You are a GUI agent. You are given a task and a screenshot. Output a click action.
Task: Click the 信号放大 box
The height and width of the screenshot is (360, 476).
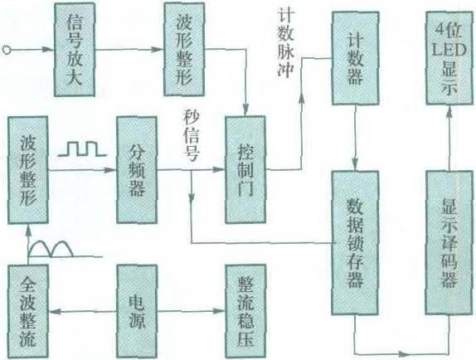click(75, 50)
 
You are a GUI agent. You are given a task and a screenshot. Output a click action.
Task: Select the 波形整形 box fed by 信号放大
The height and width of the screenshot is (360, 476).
click(184, 50)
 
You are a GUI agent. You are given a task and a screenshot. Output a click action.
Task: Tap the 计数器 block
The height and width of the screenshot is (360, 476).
click(356, 58)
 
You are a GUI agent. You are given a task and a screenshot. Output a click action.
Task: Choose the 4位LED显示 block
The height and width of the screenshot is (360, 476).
click(450, 58)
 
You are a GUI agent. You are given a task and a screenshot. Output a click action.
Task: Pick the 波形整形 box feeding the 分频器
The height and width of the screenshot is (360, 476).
click(28, 170)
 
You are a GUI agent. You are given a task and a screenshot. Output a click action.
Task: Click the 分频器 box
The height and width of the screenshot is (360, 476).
click(137, 170)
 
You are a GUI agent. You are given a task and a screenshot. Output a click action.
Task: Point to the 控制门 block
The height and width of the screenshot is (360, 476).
click(245, 170)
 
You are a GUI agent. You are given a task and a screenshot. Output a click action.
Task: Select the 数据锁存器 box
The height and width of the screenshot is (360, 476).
click(355, 243)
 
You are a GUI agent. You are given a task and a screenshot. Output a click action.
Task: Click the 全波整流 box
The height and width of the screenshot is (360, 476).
click(28, 311)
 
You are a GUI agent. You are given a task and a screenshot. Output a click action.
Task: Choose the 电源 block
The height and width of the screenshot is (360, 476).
click(137, 311)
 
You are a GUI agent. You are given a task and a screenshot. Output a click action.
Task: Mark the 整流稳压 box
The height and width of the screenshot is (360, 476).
click(245, 311)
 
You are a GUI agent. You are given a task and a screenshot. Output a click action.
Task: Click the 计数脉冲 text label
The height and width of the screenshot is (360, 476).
click(285, 44)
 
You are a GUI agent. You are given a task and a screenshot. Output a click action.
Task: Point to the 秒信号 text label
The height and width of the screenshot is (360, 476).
click(192, 136)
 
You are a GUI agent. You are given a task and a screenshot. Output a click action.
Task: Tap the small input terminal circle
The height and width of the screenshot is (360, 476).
click(7, 50)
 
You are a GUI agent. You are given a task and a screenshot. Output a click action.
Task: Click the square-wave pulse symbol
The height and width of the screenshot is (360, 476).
click(82, 148)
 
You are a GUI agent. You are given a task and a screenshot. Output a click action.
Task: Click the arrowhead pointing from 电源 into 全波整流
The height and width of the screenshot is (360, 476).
click(54, 311)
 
